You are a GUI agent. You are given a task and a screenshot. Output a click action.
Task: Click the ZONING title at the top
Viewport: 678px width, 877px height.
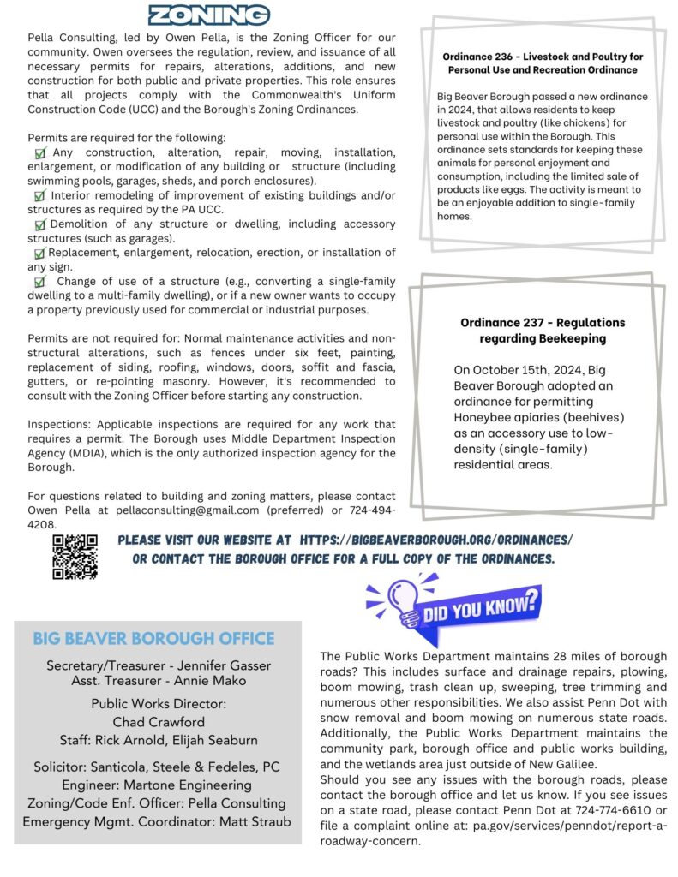pos(209,15)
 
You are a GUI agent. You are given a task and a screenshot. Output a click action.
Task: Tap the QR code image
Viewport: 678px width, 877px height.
pos(75,557)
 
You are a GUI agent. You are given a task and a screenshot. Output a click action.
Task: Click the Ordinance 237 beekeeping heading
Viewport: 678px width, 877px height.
pos(543,331)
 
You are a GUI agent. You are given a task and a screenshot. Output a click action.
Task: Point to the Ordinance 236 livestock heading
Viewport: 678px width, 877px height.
pos(543,63)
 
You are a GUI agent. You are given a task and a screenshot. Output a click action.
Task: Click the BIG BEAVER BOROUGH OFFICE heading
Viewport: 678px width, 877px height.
pos(153,639)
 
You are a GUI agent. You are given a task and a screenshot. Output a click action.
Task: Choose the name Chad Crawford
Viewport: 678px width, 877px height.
pos(159,722)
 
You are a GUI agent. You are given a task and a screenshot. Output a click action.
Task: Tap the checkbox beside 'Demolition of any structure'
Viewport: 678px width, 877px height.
pos(39,224)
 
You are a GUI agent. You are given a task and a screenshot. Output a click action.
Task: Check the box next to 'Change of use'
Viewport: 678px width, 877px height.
pos(39,282)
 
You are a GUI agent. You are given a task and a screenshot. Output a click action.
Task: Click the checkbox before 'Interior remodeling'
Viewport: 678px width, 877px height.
pos(39,196)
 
